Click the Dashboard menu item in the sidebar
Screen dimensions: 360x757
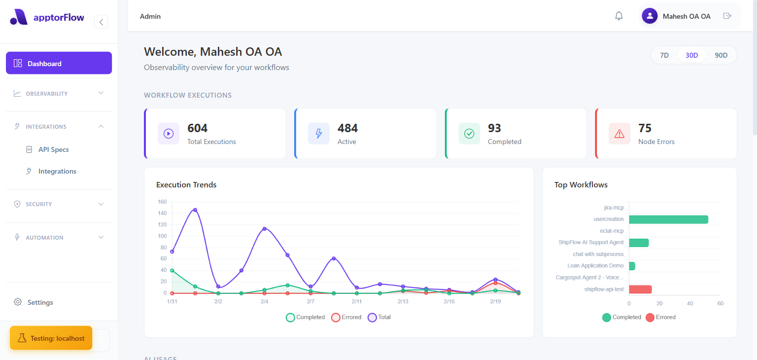(x=59, y=63)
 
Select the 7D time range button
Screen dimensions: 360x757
(x=664, y=55)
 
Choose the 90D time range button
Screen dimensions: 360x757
(x=721, y=55)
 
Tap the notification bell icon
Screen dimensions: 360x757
(x=619, y=16)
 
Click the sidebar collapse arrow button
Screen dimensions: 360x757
(x=101, y=22)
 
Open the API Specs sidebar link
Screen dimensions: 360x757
(x=53, y=149)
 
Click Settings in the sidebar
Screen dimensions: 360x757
(x=40, y=302)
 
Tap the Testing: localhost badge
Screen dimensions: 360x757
(x=51, y=338)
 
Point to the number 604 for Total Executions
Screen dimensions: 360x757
(x=198, y=128)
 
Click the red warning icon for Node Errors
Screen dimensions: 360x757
(x=619, y=134)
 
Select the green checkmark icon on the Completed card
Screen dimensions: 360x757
(x=469, y=134)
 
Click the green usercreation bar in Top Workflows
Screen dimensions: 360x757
(x=668, y=219)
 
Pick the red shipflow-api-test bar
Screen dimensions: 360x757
(x=640, y=289)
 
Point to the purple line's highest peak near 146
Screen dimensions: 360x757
(x=195, y=210)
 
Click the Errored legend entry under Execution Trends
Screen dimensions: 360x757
(x=346, y=317)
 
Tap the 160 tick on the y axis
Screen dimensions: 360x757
(x=162, y=202)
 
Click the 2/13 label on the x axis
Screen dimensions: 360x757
(x=403, y=301)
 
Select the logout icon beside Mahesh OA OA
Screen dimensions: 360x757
(x=727, y=16)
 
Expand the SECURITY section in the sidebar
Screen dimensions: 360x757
(x=59, y=204)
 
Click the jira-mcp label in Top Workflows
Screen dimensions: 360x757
(x=614, y=208)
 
